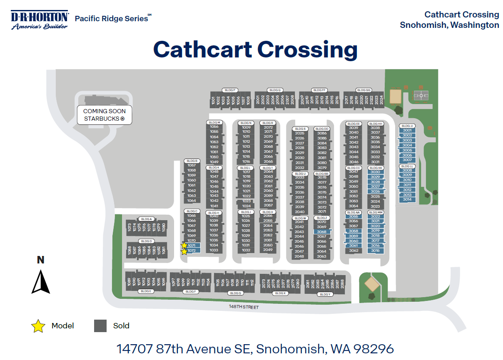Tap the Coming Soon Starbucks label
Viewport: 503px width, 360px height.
[105, 115]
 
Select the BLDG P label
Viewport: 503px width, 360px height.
[230, 90]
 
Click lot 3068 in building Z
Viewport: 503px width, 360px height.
[322, 231]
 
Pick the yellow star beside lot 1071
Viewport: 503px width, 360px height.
[184, 246]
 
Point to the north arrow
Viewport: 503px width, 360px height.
[41, 282]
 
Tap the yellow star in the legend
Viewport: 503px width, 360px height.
[38, 326]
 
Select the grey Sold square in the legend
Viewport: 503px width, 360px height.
[100, 326]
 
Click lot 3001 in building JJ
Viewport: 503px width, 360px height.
[407, 131]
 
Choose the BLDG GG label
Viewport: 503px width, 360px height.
[363, 90]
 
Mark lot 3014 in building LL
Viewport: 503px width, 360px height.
[407, 200]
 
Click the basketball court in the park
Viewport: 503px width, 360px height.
[421, 96]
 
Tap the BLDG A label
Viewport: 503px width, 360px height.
[147, 219]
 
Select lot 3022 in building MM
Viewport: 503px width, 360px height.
[376, 216]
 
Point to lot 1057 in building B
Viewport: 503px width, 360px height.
[192, 165]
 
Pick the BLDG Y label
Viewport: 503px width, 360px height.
[325, 294]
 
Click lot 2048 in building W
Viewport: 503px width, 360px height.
[299, 256]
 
